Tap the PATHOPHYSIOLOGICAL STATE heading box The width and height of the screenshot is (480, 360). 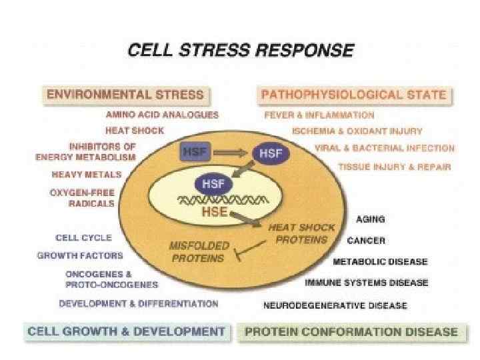pyautogui.click(x=353, y=94)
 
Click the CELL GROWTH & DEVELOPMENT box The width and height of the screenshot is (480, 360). pyautogui.click(x=125, y=331)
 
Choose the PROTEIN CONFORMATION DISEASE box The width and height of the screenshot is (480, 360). pyautogui.click(x=352, y=331)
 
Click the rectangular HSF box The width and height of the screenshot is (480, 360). pyautogui.click(x=195, y=152)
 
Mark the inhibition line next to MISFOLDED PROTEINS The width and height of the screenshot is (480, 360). pyautogui.click(x=237, y=253)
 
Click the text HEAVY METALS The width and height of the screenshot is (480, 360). pyautogui.click(x=87, y=175)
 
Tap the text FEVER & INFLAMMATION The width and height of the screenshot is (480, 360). pyautogui.click(x=319, y=115)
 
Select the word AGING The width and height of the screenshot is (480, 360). pyautogui.click(x=371, y=219)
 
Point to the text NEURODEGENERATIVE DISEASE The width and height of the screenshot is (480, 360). pyautogui.click(x=335, y=306)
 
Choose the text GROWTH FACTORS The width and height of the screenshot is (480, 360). pyautogui.click(x=79, y=255)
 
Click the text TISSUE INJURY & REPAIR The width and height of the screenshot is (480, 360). pyautogui.click(x=395, y=166)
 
